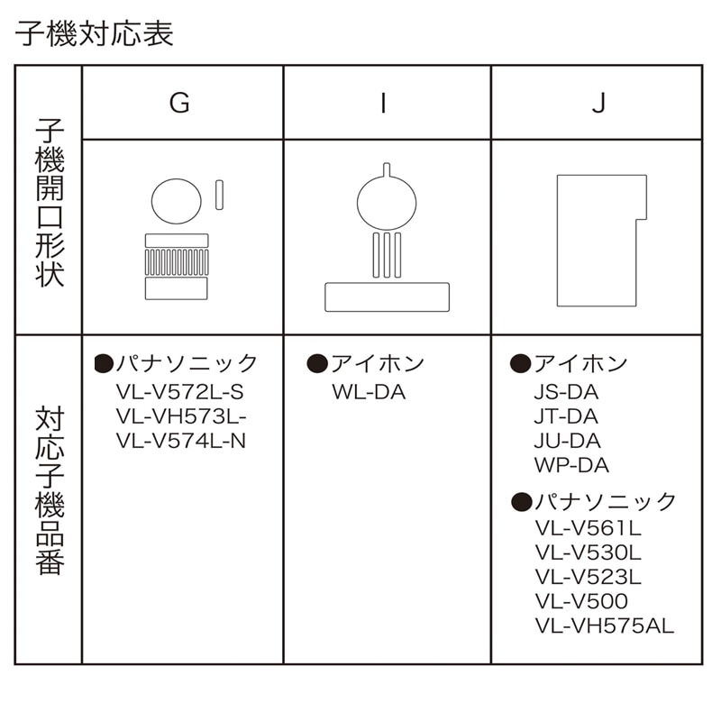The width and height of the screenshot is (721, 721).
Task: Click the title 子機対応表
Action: (x=95, y=33)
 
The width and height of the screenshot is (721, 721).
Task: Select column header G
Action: (x=179, y=103)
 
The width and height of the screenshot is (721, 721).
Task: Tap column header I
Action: (x=384, y=103)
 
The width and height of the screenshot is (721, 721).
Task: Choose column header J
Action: (x=598, y=103)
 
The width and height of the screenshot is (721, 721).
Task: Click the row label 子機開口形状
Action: (x=50, y=203)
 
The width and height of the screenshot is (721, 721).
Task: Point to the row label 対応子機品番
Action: (x=50, y=490)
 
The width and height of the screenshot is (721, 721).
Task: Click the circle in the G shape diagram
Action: (x=176, y=201)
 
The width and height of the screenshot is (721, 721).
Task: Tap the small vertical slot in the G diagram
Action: (x=219, y=195)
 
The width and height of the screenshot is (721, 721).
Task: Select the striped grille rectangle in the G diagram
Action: (x=177, y=262)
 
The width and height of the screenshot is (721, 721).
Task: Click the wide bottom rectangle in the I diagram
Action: (x=388, y=297)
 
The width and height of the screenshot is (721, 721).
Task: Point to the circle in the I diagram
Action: (x=387, y=203)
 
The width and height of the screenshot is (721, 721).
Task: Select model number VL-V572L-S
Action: (x=179, y=392)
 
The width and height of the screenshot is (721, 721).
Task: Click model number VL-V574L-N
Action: (x=181, y=441)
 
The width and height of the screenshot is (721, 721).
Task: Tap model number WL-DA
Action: (x=369, y=392)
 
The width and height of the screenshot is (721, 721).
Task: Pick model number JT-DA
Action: (x=566, y=416)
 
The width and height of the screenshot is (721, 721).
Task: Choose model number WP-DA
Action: (x=571, y=465)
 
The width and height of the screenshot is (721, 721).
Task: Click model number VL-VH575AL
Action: (x=605, y=625)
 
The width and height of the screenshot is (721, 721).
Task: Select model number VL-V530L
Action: (x=589, y=552)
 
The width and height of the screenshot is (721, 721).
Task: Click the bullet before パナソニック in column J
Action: (x=522, y=502)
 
